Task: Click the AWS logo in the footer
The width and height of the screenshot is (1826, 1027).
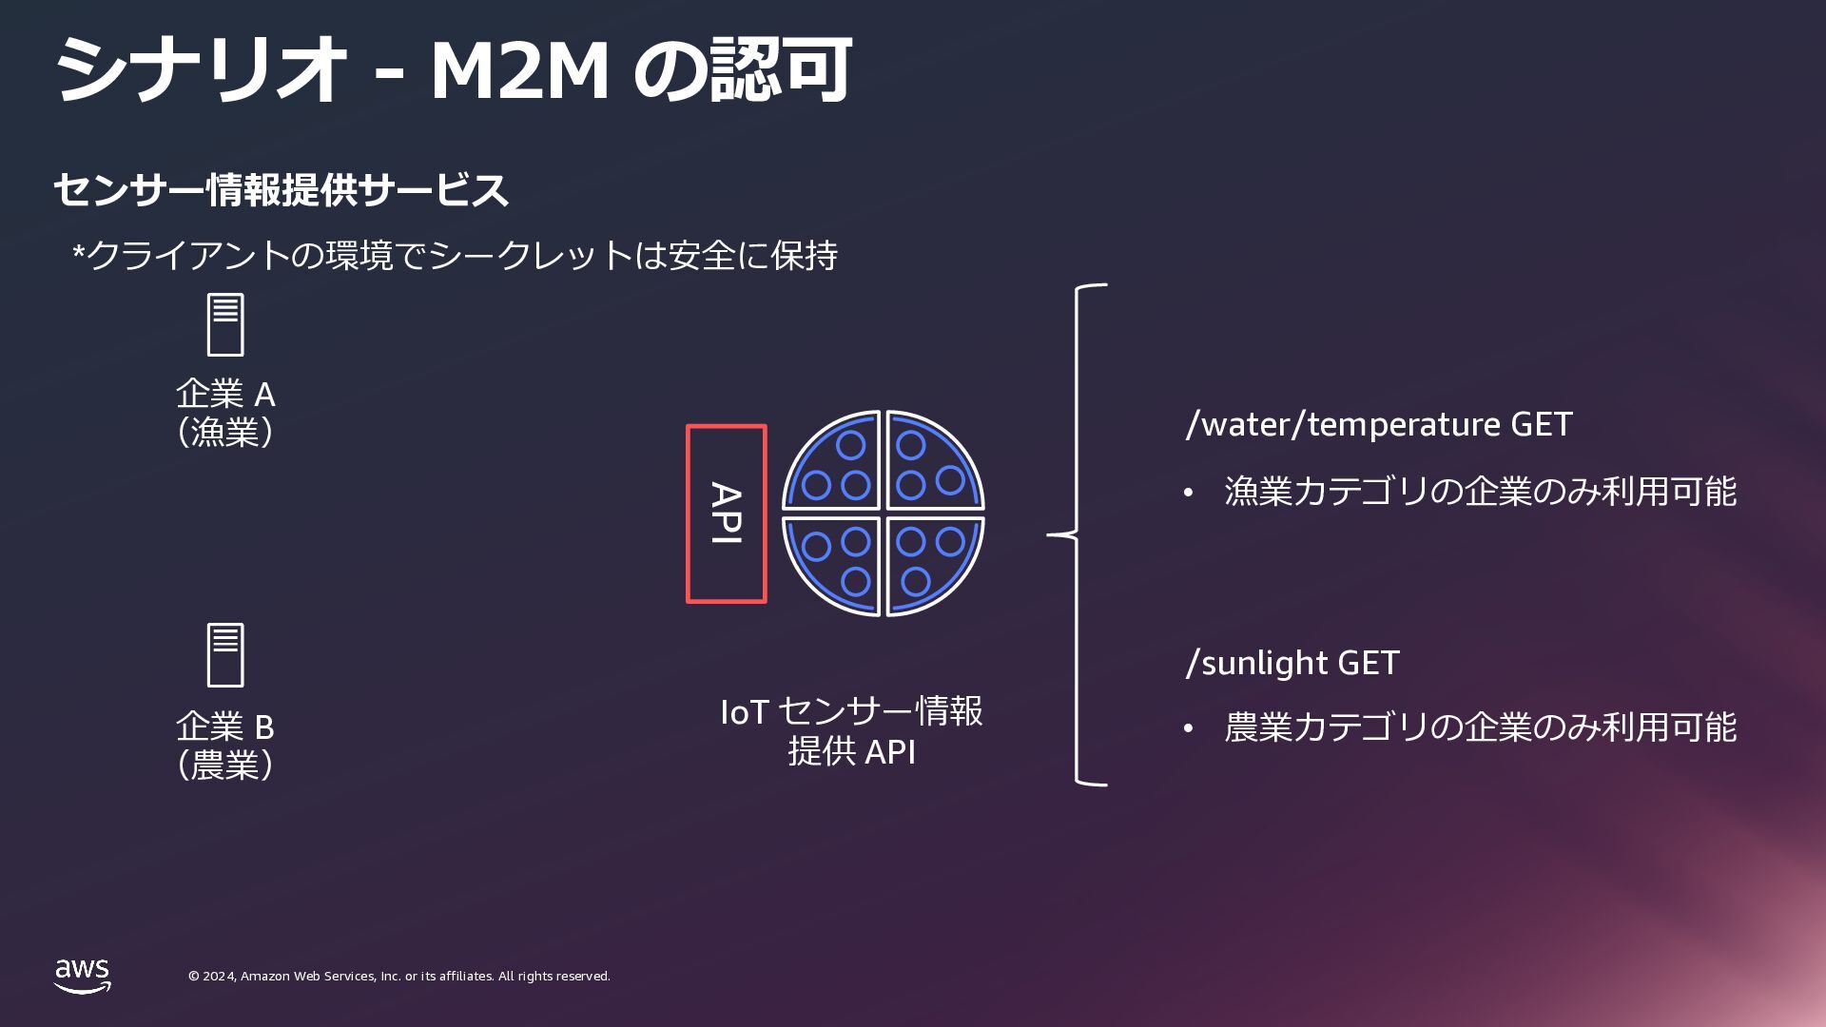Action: [x=82, y=976]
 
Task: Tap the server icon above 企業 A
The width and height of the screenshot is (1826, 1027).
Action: [x=225, y=325]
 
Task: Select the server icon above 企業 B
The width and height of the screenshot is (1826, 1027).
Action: [x=225, y=655]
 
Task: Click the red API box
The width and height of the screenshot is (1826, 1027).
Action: [x=726, y=513]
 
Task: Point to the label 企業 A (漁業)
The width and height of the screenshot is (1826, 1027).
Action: [x=225, y=413]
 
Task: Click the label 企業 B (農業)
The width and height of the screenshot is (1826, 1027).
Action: [x=225, y=746]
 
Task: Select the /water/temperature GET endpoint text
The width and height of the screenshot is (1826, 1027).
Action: [x=1378, y=424]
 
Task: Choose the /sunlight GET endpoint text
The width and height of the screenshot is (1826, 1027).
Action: [x=1292, y=663]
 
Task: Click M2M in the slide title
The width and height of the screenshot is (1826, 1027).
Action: [x=519, y=70]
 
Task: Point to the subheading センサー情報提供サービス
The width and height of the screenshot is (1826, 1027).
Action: [x=282, y=190]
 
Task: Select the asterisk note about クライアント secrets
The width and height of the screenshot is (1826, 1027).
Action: [x=455, y=256]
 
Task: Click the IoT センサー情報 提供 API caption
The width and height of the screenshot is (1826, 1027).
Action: [x=851, y=731]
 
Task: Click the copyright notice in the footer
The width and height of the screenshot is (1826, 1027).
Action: [x=398, y=977]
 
